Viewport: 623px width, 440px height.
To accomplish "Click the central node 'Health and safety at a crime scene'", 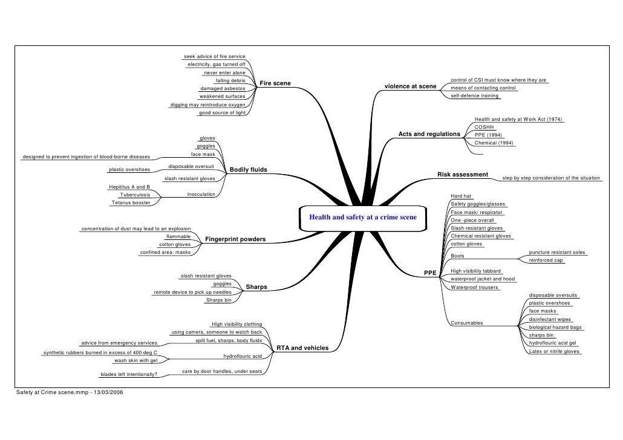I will [x=363, y=217].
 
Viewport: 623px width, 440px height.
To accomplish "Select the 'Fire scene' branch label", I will [x=275, y=83].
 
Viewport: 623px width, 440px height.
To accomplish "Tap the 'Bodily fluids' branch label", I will [x=248, y=170].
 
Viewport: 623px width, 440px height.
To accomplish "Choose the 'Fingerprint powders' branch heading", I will [x=235, y=240].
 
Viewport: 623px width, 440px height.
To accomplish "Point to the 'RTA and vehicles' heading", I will [x=302, y=348].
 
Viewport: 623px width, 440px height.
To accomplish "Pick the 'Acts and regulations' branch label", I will [x=429, y=134].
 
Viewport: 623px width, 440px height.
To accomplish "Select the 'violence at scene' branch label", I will [x=411, y=86].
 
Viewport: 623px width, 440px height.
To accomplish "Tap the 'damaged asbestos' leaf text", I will [x=223, y=88].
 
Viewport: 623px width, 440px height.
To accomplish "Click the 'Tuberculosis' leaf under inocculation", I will [x=135, y=195].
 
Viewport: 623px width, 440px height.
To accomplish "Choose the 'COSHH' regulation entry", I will [x=484, y=128].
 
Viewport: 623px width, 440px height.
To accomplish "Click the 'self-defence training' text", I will [x=475, y=95].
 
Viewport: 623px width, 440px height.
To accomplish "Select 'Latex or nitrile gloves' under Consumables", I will [x=554, y=351].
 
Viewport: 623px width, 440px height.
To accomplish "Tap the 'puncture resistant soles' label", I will [x=557, y=252].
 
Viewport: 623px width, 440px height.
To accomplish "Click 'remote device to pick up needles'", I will [x=192, y=292].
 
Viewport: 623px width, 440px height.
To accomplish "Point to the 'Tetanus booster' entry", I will [x=131, y=203].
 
